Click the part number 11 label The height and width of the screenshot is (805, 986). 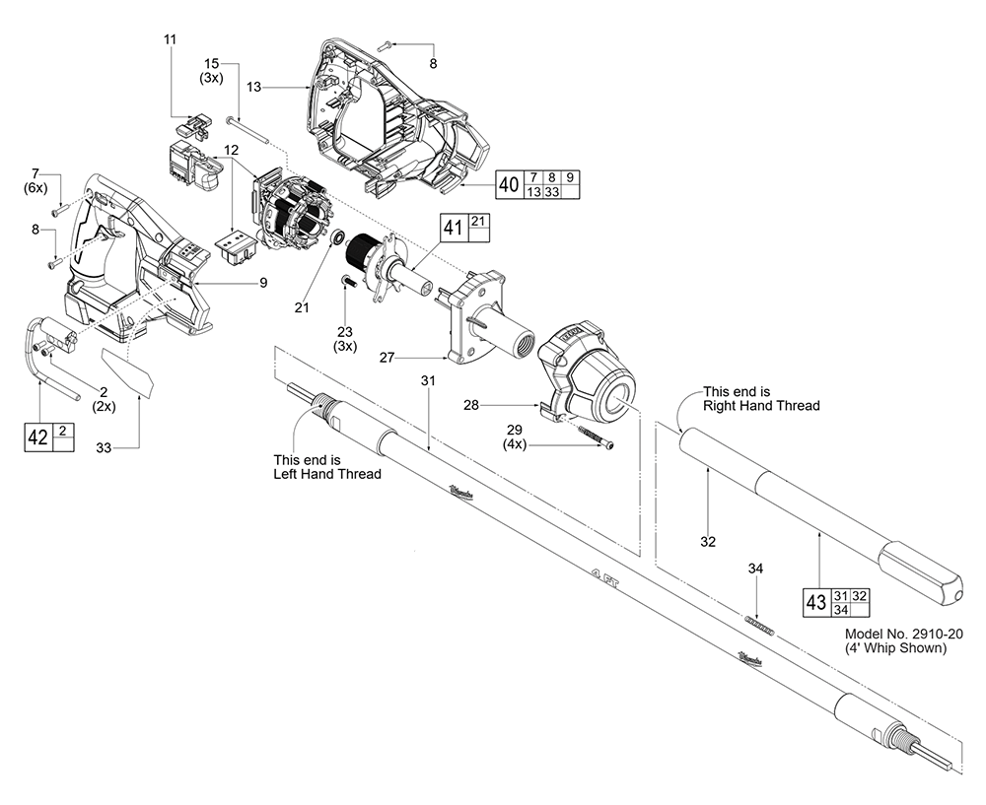[x=171, y=38]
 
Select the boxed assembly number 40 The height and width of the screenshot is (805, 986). [x=509, y=183]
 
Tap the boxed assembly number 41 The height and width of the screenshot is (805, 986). [x=454, y=229]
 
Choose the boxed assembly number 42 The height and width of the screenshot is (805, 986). [x=36, y=437]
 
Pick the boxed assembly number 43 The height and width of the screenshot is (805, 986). [x=813, y=602]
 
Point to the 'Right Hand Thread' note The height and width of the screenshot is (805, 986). [x=760, y=405]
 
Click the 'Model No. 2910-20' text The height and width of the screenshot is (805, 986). [x=896, y=635]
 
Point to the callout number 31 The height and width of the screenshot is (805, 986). [x=427, y=380]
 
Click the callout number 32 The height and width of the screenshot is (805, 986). [x=707, y=541]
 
